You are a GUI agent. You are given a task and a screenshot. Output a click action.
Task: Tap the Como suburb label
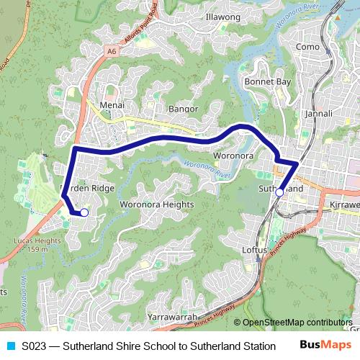(x=307, y=47)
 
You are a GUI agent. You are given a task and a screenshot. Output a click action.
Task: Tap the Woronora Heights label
(x=156, y=204)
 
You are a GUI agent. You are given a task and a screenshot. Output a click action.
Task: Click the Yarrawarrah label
(x=172, y=317)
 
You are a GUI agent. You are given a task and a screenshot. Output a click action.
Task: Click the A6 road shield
(x=111, y=51)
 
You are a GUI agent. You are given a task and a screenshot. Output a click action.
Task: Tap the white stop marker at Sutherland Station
(x=279, y=192)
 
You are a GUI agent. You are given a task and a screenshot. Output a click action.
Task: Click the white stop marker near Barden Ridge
(x=84, y=212)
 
